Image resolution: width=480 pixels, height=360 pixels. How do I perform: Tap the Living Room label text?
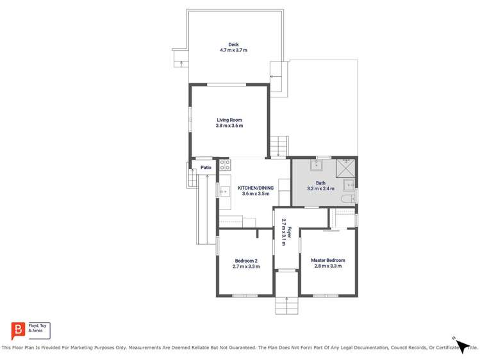click(229, 120)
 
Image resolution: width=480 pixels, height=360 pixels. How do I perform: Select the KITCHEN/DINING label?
click(256, 188)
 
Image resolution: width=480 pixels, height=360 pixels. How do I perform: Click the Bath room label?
click(320, 183)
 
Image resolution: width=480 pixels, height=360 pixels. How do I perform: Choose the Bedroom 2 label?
click(246, 260)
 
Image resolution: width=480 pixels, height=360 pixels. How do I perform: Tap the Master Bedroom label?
click(327, 260)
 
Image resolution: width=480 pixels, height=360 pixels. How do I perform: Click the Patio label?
click(206, 168)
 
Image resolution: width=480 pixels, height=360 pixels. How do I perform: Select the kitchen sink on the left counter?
click(224, 190)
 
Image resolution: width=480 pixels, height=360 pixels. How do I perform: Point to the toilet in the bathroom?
click(347, 200)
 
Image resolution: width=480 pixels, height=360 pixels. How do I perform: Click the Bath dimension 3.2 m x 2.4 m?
click(320, 189)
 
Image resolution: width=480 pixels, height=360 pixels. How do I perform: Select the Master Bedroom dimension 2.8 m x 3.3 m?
click(327, 266)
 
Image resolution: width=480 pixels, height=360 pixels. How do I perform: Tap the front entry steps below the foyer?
click(286, 306)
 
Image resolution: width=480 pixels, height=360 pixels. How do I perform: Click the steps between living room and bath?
click(278, 147)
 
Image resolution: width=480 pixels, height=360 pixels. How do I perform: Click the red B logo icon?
click(18, 331)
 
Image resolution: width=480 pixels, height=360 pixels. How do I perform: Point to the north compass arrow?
click(462, 346)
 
